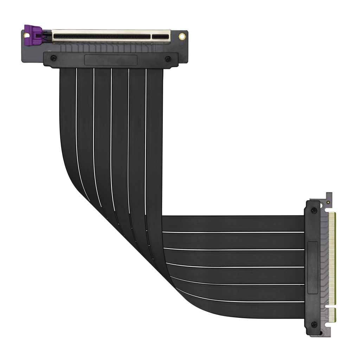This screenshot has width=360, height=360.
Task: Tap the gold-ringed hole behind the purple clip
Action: [x=26, y=36]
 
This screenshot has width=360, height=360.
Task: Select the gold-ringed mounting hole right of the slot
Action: [x=182, y=36]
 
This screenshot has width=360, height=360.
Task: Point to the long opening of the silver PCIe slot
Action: [x=102, y=36]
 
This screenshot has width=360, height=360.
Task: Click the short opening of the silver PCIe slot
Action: [x=160, y=36]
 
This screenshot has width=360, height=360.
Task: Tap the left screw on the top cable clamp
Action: [x=53, y=58]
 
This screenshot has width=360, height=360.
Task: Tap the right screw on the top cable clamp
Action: [x=168, y=59]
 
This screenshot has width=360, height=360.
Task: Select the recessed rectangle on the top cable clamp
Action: [x=111, y=60]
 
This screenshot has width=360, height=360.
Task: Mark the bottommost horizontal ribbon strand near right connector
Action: [x=246, y=310]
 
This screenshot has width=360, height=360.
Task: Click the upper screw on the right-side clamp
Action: [x=314, y=211]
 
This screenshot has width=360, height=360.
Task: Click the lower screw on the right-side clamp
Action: [x=314, y=324]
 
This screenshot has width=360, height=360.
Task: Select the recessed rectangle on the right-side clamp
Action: [x=313, y=268]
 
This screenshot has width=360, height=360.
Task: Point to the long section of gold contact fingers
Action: [x=332, y=258]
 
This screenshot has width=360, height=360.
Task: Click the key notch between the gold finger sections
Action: [x=330, y=306]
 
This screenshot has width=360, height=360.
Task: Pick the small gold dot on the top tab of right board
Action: [x=328, y=202]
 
